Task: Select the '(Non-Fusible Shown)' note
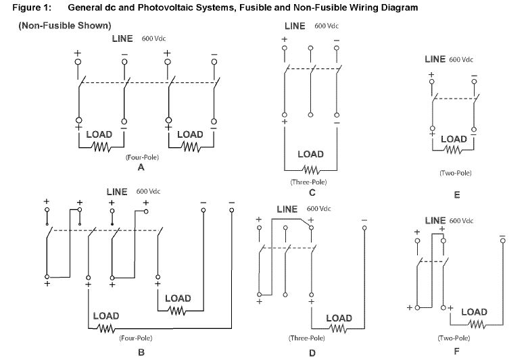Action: click(x=65, y=26)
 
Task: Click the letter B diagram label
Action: click(x=141, y=351)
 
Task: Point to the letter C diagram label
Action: click(x=311, y=192)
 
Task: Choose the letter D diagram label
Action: click(x=311, y=351)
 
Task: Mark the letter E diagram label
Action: click(x=457, y=195)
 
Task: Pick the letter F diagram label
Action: click(x=457, y=351)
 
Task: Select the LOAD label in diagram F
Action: click(x=473, y=312)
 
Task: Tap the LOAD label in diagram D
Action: click(x=339, y=318)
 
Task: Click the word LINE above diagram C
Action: click(x=295, y=26)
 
